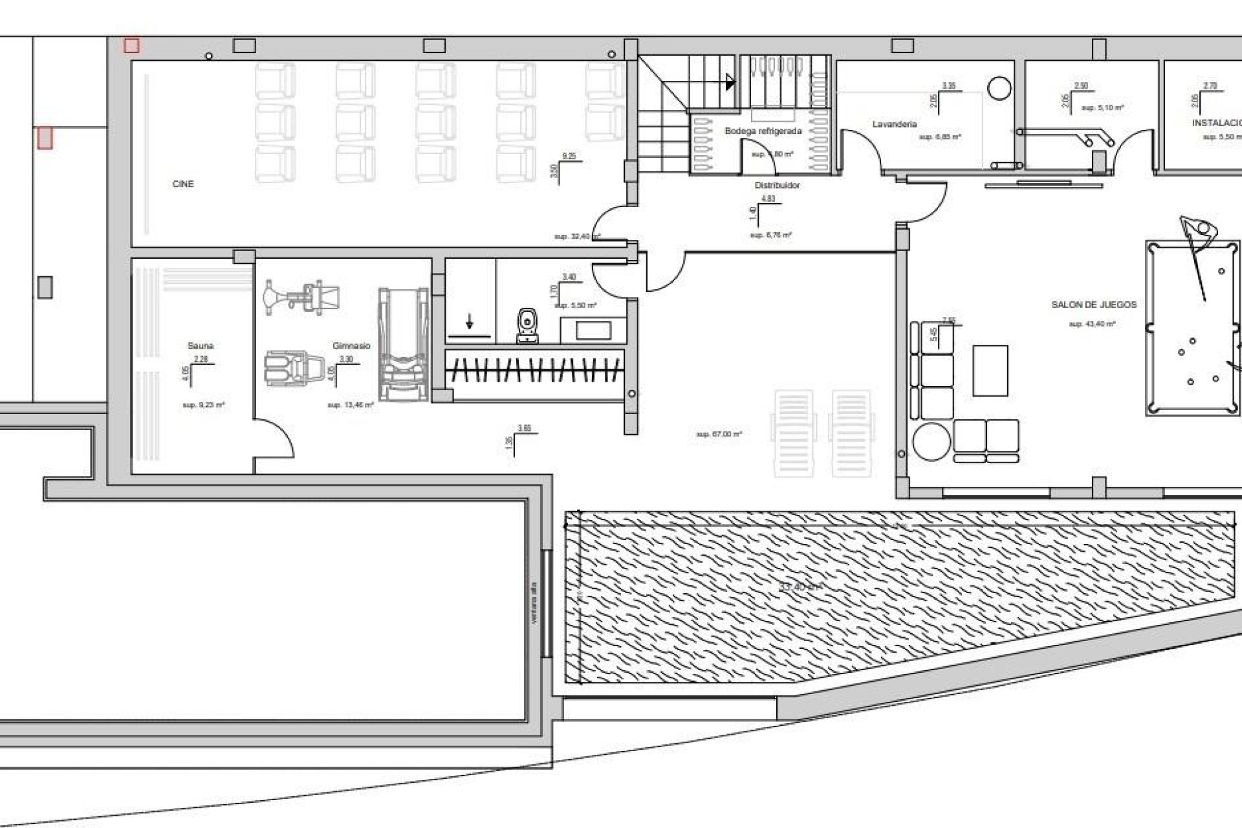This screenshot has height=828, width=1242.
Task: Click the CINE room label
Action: coord(183,184)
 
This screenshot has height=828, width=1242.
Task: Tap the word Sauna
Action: coord(201,346)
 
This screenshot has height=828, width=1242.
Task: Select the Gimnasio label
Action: coord(351,346)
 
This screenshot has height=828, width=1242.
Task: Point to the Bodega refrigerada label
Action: coord(763,131)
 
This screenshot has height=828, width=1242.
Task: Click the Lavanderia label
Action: coord(895,124)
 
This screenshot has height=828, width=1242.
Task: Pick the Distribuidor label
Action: coord(777,186)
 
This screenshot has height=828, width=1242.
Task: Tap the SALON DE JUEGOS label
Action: coord(1094,305)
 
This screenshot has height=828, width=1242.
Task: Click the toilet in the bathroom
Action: coord(528,326)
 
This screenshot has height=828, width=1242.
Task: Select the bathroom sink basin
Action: coord(593,331)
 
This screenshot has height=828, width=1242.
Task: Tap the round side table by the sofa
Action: coord(931,441)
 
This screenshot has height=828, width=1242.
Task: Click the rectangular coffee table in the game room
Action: coord(990,371)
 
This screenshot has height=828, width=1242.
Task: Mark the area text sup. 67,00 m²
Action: coord(719,434)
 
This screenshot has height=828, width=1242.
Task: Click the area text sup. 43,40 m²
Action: coord(1092,324)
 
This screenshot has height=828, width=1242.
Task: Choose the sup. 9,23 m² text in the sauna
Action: coord(203,405)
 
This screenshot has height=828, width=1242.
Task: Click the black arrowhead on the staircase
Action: coord(730,82)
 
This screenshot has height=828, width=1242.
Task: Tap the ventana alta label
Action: coord(534,604)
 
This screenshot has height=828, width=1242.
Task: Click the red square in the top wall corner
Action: coord(131,45)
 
